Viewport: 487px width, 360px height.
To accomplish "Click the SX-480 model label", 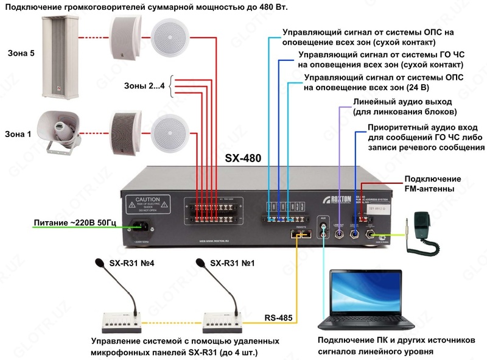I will click(x=243, y=158).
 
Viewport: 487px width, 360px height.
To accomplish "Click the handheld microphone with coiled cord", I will click(x=421, y=225).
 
